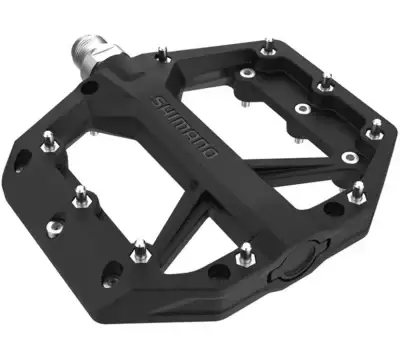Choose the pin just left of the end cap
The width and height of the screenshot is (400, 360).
click(243, 257)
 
